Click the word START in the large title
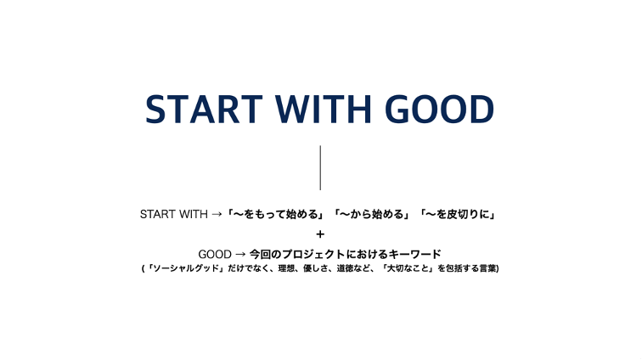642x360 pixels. coord(204,109)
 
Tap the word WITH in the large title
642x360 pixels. coord(323,109)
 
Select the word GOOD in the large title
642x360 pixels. coord(439,109)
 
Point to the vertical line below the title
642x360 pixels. coord(320,167)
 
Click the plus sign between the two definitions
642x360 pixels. coord(320,234)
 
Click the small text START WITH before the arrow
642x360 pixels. coord(173,214)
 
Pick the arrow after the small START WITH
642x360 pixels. coord(217,214)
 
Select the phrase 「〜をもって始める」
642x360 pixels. coord(275,214)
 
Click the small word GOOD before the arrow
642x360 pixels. coord(215,255)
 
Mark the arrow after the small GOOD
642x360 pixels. coord(241,255)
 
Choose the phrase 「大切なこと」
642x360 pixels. coord(408,268)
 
